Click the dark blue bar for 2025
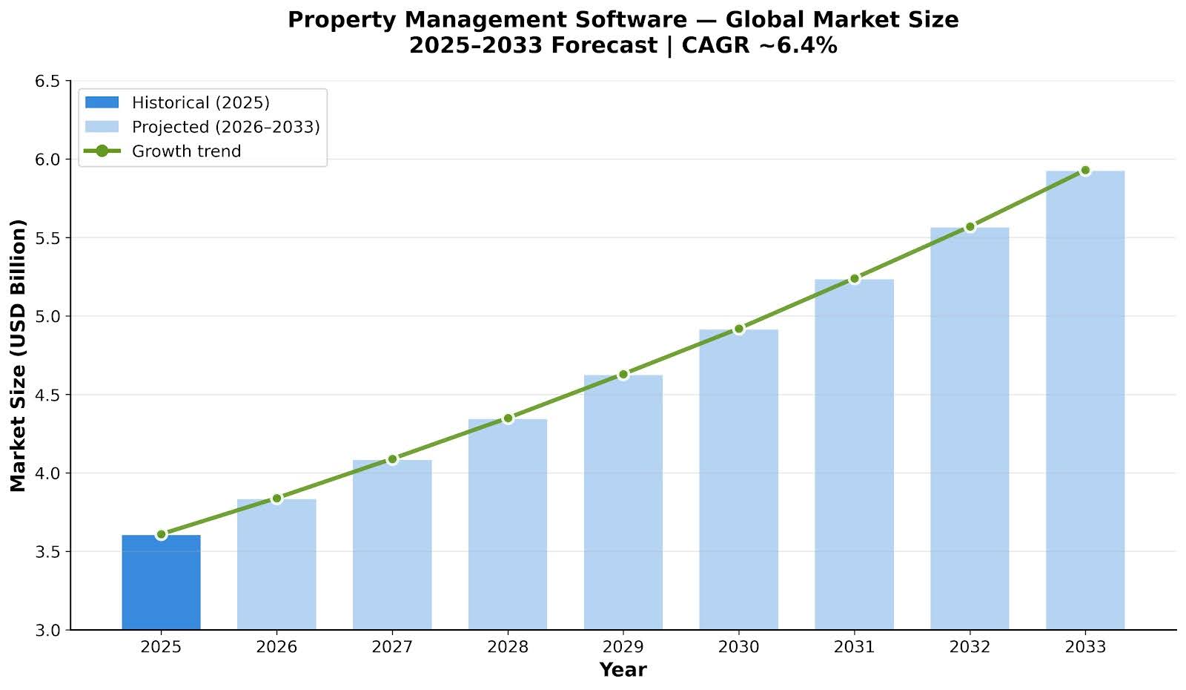(161, 582)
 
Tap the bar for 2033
(1085, 401)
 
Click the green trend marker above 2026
(276, 499)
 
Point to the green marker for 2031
(854, 278)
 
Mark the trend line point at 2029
(623, 375)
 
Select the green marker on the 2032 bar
(970, 227)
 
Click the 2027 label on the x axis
(392, 647)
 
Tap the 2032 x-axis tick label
(970, 647)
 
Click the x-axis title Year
(623, 671)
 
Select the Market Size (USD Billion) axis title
(19, 355)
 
